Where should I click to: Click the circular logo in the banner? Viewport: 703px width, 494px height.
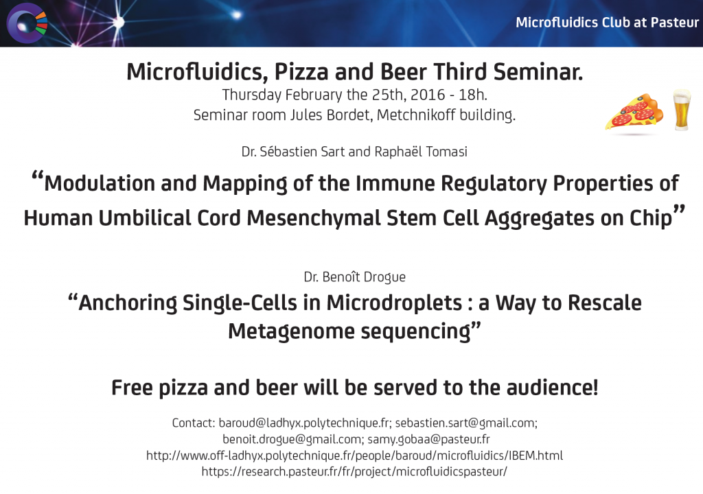tap(27, 23)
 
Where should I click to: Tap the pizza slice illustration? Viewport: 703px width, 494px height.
tap(634, 113)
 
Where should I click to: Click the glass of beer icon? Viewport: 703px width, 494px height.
tap(682, 110)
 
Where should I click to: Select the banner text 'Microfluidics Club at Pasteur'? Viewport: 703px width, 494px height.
tap(607, 23)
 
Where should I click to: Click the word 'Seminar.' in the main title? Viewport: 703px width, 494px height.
tap(538, 72)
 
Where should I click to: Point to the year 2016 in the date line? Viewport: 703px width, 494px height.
tap(428, 95)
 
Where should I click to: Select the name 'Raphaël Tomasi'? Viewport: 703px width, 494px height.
tap(421, 152)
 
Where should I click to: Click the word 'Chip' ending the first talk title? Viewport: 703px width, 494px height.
tap(651, 218)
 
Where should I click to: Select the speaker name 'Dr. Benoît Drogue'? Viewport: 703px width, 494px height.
tap(355, 277)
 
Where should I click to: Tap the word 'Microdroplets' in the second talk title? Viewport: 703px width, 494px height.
tap(394, 303)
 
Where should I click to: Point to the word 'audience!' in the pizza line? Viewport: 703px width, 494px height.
tap(553, 388)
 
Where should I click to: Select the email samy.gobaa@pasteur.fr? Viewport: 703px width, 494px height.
tap(428, 439)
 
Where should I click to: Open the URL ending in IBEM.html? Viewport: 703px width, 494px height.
tap(355, 456)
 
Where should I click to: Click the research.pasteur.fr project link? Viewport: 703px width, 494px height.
tap(354, 471)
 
